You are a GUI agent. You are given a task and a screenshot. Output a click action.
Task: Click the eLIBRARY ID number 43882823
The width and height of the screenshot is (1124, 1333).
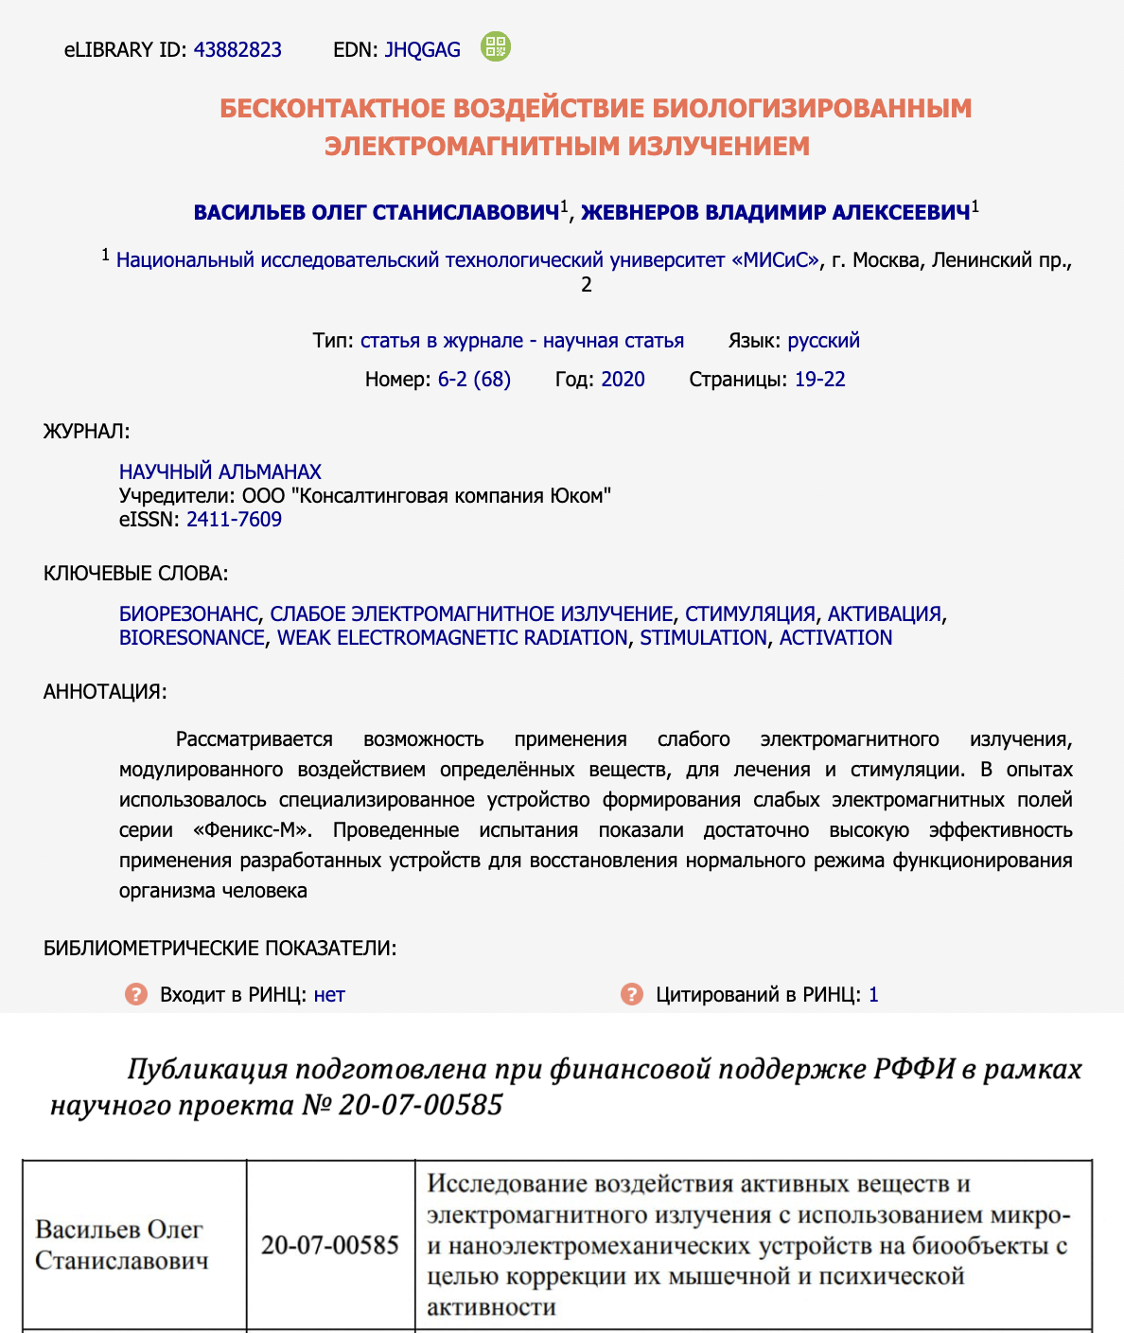[237, 50]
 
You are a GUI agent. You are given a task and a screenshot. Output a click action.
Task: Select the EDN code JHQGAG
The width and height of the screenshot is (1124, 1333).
[422, 50]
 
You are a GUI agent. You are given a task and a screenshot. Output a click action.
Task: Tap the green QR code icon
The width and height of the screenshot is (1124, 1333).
[495, 46]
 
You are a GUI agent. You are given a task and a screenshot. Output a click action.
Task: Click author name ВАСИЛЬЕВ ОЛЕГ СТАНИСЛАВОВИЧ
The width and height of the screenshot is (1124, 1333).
[377, 213]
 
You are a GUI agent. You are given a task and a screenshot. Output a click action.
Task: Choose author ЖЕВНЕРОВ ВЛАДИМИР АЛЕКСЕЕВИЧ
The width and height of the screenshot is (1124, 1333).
[776, 213]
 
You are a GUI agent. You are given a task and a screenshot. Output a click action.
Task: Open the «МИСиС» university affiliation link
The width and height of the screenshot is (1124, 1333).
[468, 260]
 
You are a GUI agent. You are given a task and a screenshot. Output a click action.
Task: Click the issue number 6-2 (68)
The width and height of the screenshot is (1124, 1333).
[474, 380]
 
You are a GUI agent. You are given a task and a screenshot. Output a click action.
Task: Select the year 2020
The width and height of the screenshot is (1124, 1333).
[623, 380]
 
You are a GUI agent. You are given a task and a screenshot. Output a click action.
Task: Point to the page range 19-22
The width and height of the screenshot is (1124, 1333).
[819, 380]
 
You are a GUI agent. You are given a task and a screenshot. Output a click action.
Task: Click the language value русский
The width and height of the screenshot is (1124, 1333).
[823, 341]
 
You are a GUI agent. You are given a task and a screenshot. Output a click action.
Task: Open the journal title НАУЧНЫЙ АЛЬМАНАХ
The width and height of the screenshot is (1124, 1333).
[220, 471]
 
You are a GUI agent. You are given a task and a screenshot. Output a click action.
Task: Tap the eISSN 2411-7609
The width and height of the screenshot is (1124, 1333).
[234, 519]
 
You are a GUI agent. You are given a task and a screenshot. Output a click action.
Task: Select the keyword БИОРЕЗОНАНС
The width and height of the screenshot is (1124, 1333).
[188, 614]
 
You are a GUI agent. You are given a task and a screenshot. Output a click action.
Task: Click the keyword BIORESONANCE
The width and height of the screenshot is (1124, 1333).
[192, 638]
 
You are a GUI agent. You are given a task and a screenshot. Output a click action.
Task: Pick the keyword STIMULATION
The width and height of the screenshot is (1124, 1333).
[703, 638]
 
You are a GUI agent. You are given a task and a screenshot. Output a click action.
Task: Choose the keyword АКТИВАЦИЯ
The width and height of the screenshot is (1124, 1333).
[885, 614]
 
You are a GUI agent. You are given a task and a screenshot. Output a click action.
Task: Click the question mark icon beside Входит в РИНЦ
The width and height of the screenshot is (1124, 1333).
[136, 994]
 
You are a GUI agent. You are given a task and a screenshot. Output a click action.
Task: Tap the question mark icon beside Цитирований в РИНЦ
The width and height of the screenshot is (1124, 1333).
[631, 994]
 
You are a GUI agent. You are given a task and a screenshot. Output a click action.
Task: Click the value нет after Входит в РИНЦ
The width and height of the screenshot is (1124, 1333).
[329, 995]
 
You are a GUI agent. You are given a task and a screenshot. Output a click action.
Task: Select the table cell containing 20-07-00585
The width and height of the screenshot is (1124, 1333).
[330, 1245]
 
